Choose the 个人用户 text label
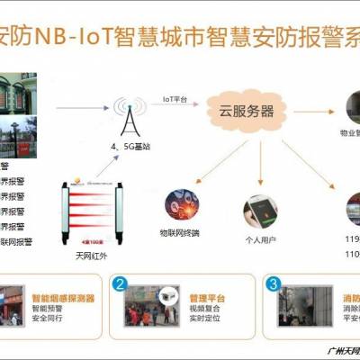click(261, 241)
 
